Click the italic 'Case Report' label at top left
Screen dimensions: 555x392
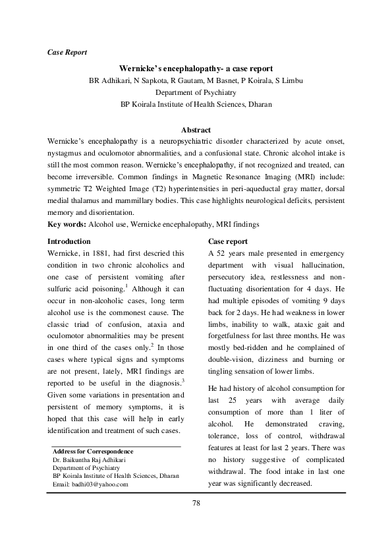click(x=68, y=51)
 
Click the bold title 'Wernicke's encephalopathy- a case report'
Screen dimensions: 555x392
click(x=196, y=69)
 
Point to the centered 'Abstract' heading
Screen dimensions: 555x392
click(x=196, y=130)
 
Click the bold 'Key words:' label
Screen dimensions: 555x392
click(x=68, y=225)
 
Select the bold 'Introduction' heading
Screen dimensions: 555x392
click(x=70, y=242)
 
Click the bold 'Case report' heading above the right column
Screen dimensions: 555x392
click(x=227, y=242)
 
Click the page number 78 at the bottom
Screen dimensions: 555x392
click(x=196, y=504)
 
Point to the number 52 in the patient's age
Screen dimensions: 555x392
click(x=221, y=253)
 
